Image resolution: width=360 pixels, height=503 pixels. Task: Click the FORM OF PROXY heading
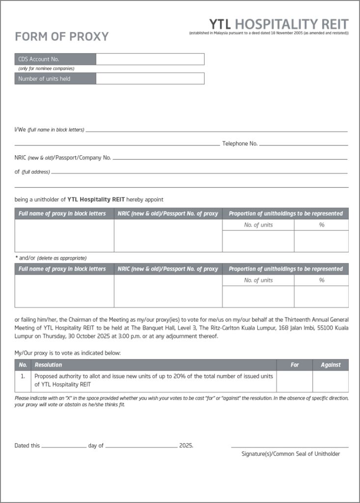point(62,37)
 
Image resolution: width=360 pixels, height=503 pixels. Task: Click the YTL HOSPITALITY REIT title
point(278,24)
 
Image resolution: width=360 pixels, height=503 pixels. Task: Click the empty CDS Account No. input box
point(150,59)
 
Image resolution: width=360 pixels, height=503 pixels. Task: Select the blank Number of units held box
point(150,79)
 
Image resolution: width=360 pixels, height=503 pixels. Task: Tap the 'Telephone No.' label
point(240,144)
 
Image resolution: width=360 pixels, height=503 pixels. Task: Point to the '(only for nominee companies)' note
point(46,69)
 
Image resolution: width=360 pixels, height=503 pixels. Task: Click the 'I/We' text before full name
point(20,130)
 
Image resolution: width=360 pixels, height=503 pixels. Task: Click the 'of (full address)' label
point(32,172)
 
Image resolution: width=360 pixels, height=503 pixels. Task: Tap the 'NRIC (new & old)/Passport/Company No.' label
point(63,158)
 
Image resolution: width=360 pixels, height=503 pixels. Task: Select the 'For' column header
point(295,365)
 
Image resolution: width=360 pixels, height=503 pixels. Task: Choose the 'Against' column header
point(331,365)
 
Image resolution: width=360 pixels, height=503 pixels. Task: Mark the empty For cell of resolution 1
point(295,381)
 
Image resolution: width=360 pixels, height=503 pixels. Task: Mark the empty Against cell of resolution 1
point(331,381)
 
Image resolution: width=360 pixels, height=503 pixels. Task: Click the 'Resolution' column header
point(48,365)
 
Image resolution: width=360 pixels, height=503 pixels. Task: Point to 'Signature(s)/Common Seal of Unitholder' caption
point(291,454)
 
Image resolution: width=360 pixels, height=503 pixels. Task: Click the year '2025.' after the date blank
point(186,446)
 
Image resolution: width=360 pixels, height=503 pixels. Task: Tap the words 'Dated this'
point(28,446)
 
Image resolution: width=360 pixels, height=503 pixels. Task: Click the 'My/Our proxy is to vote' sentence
point(67,353)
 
